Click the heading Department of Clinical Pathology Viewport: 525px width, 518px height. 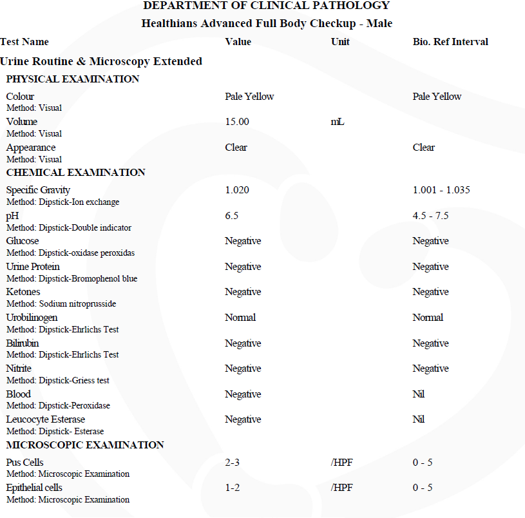(266, 6)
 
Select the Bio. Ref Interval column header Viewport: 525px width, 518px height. (450, 42)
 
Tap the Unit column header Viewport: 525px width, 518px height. (340, 42)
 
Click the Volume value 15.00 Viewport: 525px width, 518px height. (237, 122)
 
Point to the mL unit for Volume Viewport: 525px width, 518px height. (337, 122)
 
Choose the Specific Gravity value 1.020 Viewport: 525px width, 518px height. (237, 190)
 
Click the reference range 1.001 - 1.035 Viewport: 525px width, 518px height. (441, 190)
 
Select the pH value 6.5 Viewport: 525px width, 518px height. (232, 216)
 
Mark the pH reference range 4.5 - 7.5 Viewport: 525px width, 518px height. (430, 216)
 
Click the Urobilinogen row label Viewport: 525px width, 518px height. (32, 318)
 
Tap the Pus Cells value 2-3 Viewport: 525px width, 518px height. (233, 463)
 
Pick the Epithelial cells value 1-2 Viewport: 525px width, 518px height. (233, 488)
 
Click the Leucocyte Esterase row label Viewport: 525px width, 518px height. (46, 419)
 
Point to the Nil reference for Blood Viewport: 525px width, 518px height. (419, 394)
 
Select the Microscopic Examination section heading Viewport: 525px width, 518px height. (85, 445)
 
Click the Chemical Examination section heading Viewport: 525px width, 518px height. (75, 173)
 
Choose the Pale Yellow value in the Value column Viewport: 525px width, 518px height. (249, 97)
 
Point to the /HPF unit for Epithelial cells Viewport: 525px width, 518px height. (341, 488)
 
